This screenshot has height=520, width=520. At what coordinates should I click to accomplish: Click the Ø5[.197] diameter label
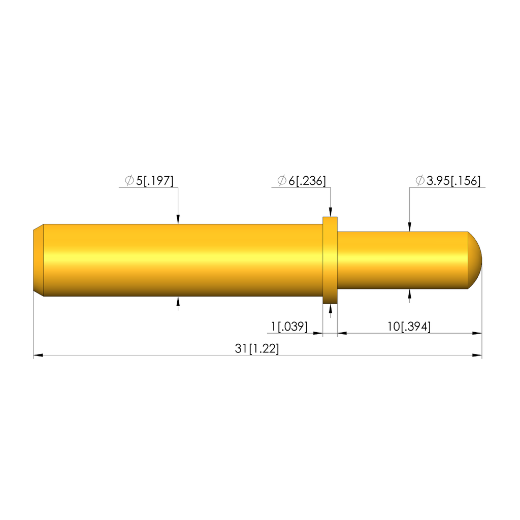149,181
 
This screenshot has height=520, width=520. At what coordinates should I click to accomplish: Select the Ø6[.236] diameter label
302,181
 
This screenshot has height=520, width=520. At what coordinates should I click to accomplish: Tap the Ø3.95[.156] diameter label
448,181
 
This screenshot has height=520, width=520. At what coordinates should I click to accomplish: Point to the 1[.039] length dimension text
289,327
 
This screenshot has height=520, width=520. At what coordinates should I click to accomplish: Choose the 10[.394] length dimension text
409,327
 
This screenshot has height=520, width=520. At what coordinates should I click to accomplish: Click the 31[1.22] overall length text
257,348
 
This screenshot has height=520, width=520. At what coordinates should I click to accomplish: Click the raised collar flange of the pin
330,261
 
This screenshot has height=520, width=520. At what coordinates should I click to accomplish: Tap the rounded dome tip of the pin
475,261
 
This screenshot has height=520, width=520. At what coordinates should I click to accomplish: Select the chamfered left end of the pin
39,261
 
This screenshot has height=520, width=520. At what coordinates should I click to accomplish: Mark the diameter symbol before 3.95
420,180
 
